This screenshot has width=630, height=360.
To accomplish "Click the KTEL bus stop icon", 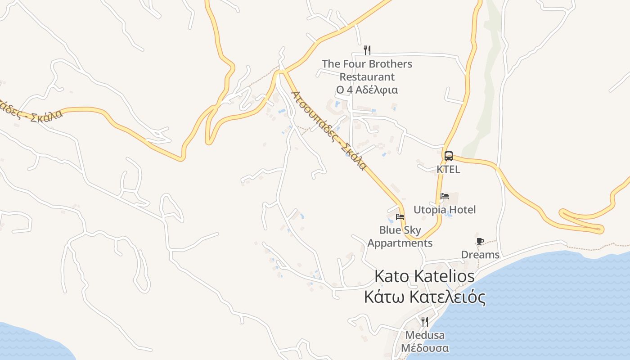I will pyautogui.click(x=448, y=156).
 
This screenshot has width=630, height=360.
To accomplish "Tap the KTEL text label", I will pyautogui.click(x=448, y=170).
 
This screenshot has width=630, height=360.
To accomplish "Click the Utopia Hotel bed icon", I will pyautogui.click(x=445, y=196).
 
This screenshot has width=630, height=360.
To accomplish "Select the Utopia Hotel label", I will pyautogui.click(x=444, y=210).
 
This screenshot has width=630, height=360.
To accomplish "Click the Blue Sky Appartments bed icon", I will pyautogui.click(x=400, y=217).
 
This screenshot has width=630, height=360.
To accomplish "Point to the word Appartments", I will pyautogui.click(x=400, y=243).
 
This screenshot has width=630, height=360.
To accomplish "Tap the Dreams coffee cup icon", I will pyautogui.click(x=480, y=242).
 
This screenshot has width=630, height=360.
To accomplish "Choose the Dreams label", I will pyautogui.click(x=480, y=255).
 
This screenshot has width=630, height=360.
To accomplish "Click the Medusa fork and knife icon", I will pyautogui.click(x=424, y=321).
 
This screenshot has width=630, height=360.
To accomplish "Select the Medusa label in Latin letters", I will pyautogui.click(x=425, y=335).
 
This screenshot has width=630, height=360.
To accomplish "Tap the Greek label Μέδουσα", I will pyautogui.click(x=425, y=348).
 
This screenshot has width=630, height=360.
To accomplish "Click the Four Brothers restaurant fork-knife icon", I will pyautogui.click(x=367, y=50).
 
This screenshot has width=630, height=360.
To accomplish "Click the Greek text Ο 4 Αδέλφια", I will pyautogui.click(x=367, y=90).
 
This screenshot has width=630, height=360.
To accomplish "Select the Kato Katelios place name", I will pyautogui.click(x=424, y=276).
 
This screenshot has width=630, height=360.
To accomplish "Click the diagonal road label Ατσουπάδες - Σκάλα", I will pyautogui.click(x=329, y=130).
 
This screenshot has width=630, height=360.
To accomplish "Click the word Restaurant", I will pyautogui.click(x=367, y=77).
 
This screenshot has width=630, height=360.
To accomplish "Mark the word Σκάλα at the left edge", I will pyautogui.click(x=47, y=118).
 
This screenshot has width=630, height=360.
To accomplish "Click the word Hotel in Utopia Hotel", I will pyautogui.click(x=462, y=210).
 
